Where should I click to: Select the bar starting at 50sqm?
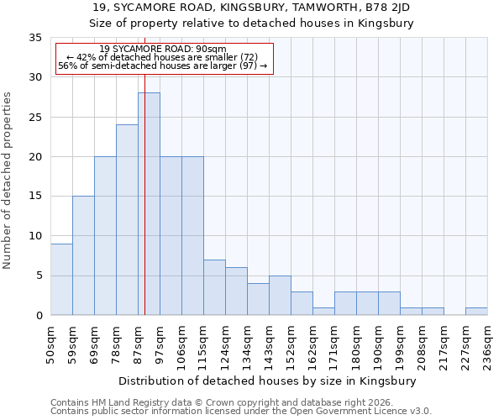61,279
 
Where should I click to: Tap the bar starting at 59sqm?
83,255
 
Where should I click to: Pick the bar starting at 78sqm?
127,219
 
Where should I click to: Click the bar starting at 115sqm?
214,287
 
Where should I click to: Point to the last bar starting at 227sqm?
476,311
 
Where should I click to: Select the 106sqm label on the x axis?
182,342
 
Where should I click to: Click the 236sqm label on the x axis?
488,342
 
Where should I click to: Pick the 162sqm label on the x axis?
313,342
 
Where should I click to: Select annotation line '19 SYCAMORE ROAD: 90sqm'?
163,49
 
